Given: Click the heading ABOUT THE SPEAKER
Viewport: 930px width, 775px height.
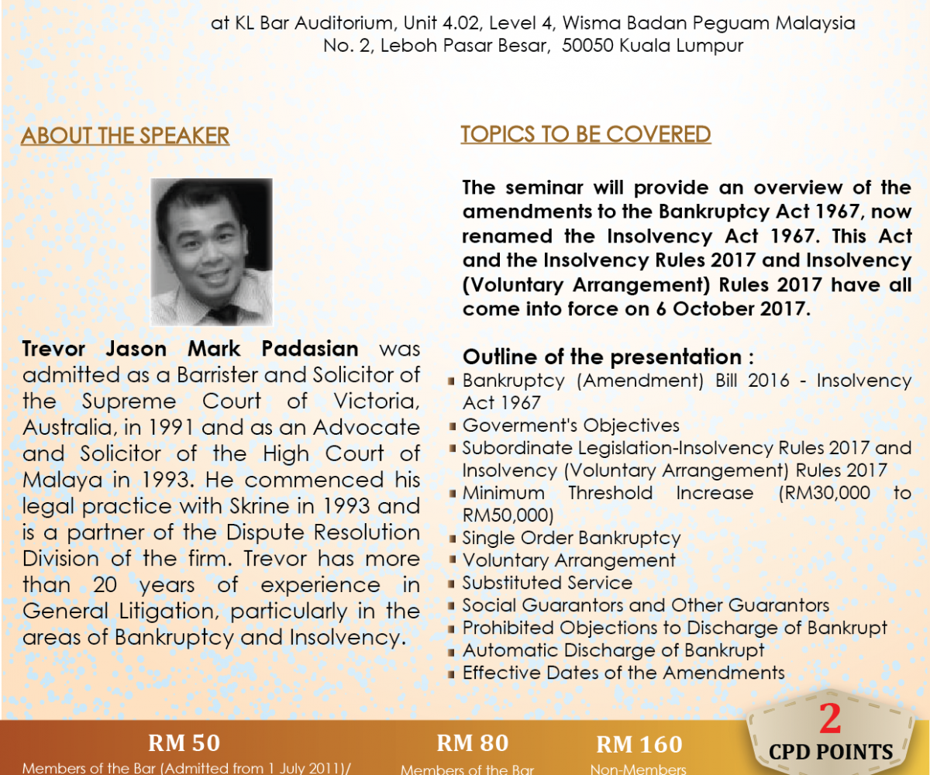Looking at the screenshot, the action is click(125, 136).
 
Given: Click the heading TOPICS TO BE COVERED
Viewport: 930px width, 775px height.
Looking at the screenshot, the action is click(586, 134).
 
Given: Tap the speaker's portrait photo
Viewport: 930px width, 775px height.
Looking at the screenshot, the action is click(211, 252).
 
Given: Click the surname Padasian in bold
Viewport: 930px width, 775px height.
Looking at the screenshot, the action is click(310, 348).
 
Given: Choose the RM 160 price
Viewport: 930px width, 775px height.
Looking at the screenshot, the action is click(639, 744).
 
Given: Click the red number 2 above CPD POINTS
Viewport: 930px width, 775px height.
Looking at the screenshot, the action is click(830, 718).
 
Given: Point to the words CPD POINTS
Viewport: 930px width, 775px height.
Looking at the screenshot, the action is click(831, 753).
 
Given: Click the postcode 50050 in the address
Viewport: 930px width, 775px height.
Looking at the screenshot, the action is click(587, 46).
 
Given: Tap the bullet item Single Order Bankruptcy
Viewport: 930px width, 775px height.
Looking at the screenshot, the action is click(571, 538).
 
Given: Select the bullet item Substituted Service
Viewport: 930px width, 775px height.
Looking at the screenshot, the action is click(547, 583).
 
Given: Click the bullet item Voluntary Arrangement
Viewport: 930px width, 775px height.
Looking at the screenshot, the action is click(569, 560).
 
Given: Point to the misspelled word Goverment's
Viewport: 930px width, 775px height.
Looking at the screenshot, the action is click(520, 425).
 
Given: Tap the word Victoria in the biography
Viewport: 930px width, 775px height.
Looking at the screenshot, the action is click(377, 401).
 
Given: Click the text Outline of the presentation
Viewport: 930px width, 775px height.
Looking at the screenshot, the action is click(602, 356).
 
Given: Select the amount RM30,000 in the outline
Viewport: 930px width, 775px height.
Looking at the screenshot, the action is click(824, 493).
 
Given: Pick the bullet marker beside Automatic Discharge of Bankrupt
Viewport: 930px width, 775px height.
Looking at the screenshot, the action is click(452, 652).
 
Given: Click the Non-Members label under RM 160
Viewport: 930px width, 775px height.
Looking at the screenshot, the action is click(639, 769).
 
